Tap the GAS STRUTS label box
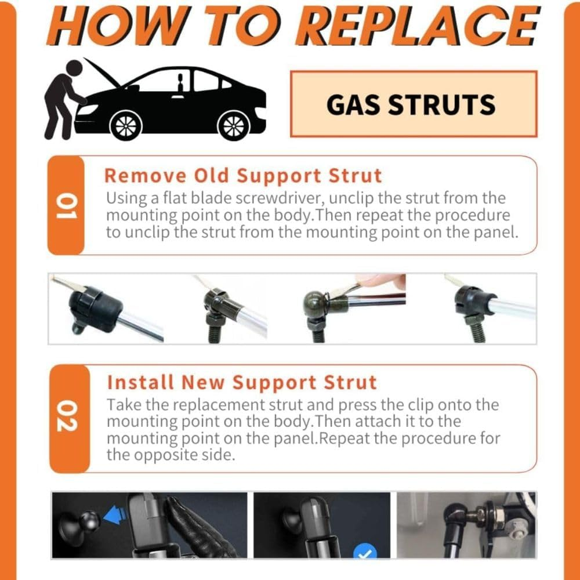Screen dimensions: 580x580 (x=413, y=104)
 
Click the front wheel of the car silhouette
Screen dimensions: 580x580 (x=126, y=124)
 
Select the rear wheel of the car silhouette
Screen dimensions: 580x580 (x=234, y=124)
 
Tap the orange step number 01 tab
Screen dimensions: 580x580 (x=66, y=206)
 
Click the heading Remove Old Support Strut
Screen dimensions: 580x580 (x=243, y=175)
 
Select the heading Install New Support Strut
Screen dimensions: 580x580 (x=242, y=383)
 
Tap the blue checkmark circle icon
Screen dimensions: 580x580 (x=365, y=552)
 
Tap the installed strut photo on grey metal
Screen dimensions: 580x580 (x=466, y=525)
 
